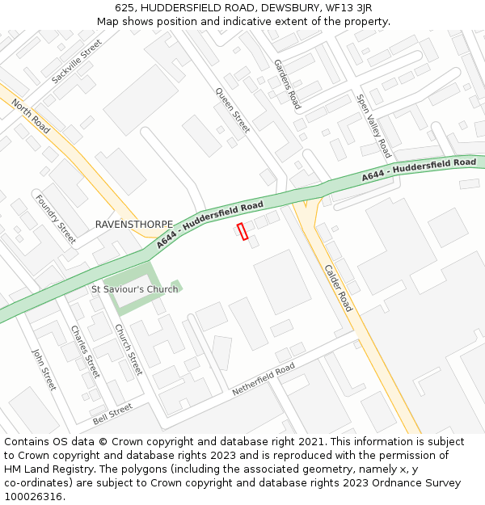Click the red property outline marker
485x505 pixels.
(x=242, y=231)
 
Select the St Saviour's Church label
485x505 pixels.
(x=134, y=289)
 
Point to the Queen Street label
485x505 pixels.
(x=233, y=111)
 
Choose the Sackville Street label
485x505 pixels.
(x=77, y=61)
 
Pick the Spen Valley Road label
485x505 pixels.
(x=374, y=125)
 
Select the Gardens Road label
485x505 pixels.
(x=287, y=84)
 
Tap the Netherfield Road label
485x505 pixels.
(x=264, y=378)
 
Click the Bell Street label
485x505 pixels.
(x=112, y=414)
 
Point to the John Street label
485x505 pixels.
(x=43, y=368)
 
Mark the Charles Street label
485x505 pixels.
(x=85, y=351)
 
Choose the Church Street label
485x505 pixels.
(x=129, y=349)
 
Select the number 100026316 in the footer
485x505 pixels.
(x=32, y=496)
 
